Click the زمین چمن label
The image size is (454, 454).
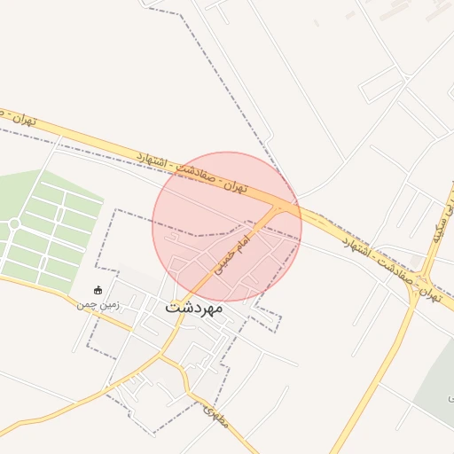[98, 304]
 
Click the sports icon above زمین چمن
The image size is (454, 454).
[98, 290]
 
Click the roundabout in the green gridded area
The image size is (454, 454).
[14, 223]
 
